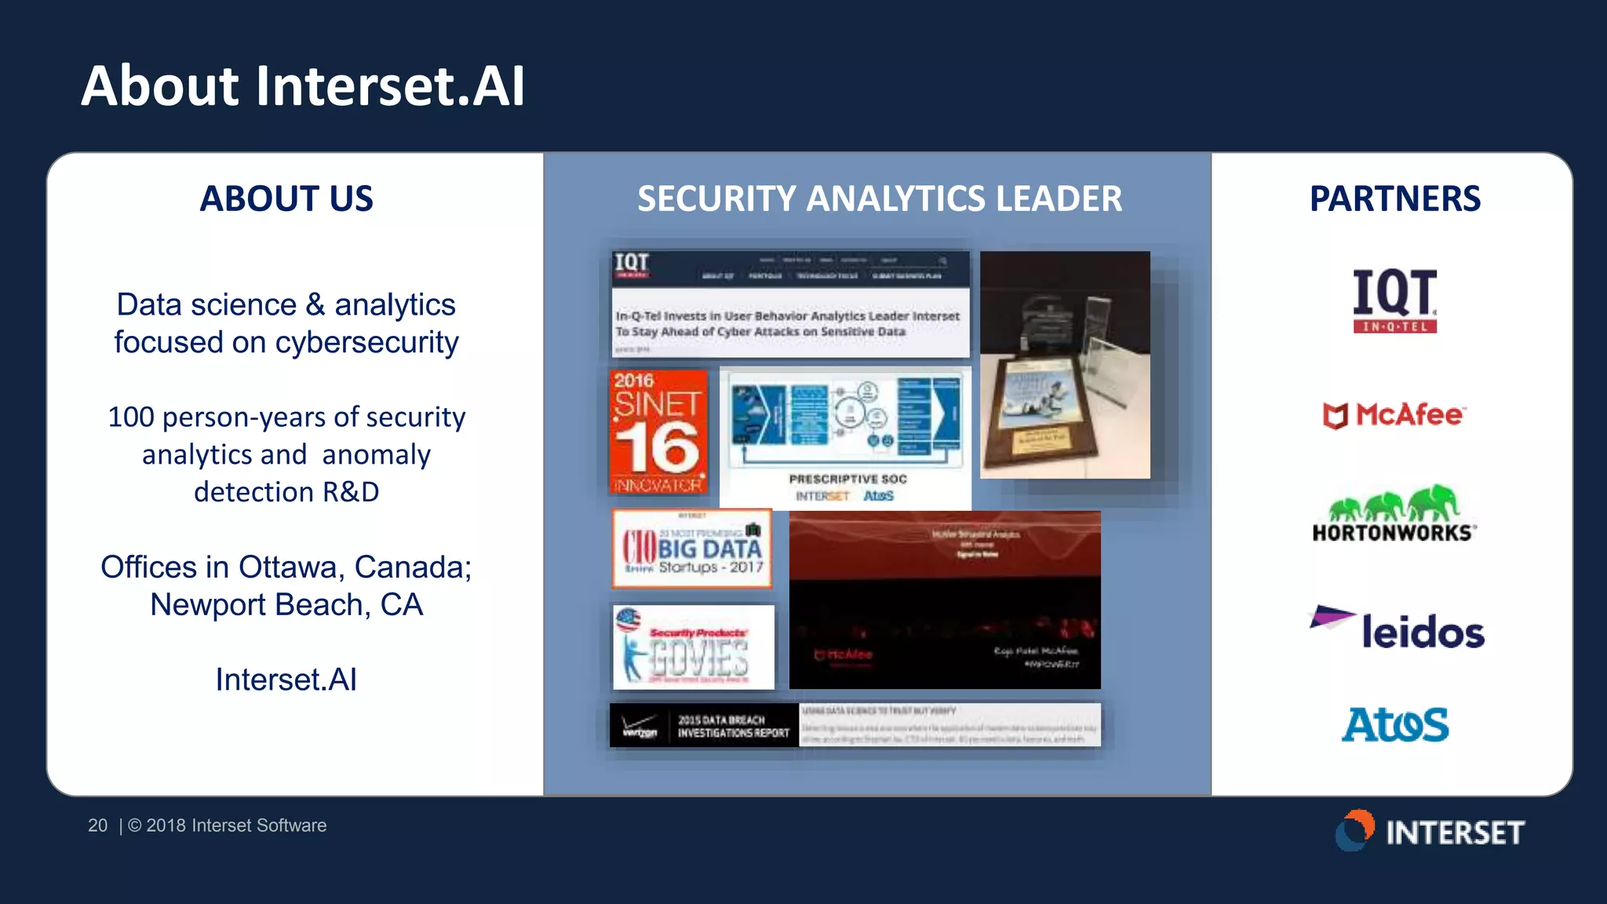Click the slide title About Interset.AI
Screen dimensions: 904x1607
coord(303,86)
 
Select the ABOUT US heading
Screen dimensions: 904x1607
coord(286,199)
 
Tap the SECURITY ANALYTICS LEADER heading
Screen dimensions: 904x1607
coord(879,199)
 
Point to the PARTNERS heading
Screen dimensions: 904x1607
coord(1394,199)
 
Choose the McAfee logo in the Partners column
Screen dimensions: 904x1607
coord(1394,414)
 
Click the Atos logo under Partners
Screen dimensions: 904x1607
coord(1394,724)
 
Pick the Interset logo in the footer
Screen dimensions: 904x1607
coord(1430,831)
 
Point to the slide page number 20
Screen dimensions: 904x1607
coord(97,826)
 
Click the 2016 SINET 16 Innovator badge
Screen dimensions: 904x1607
coord(658,432)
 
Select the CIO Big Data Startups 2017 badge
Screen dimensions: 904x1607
coord(692,549)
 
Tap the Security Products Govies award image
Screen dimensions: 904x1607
coord(693,647)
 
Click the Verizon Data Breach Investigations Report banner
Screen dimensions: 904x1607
coord(855,725)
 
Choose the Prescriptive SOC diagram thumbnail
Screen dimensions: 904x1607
coord(845,437)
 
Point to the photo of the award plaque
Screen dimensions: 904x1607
coord(1065,365)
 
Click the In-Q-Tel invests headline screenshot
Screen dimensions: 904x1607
coord(789,304)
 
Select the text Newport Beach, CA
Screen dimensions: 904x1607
coord(286,605)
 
